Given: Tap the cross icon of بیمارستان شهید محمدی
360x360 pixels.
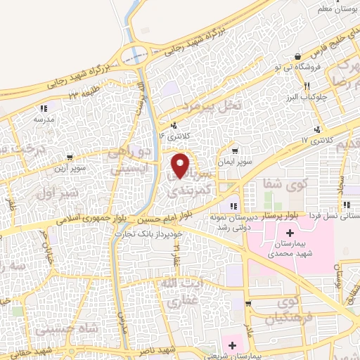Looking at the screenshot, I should (290, 233).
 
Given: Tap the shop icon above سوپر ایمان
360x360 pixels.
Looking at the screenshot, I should (234, 150).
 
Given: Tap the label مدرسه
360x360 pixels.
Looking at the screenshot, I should (44, 120).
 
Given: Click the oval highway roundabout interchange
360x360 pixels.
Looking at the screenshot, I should (138, 54).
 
